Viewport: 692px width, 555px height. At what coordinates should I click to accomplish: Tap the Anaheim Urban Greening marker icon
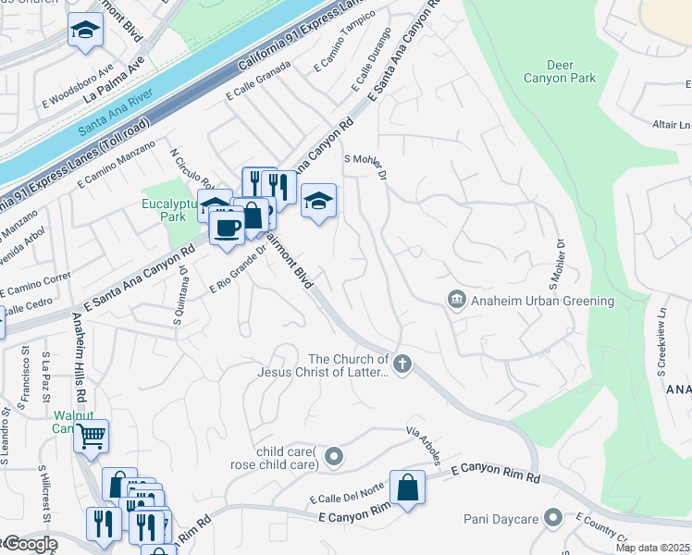point(455,301)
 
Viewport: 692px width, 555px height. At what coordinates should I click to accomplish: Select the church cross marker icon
point(402,364)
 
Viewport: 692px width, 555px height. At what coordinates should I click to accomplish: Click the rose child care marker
point(335,456)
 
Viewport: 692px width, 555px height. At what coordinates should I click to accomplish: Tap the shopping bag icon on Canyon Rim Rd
point(407,487)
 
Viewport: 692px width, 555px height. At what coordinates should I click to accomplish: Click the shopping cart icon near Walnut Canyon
point(91,436)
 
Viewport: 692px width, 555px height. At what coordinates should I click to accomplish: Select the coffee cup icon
point(227,226)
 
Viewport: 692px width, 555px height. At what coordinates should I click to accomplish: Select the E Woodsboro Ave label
point(78,85)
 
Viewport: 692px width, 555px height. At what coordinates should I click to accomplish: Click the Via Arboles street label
point(428,446)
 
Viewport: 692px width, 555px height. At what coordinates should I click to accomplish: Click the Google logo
point(30,544)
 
